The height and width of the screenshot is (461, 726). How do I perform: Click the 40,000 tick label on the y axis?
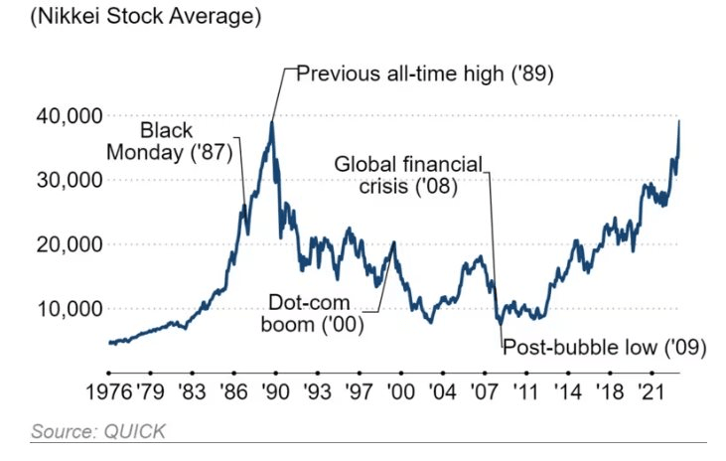69,116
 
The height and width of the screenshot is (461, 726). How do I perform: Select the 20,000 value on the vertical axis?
69,244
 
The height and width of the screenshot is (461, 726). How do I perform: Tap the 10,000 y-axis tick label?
69,309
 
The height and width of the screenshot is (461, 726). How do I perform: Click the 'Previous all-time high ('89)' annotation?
425,75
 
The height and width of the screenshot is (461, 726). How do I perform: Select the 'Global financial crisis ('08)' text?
407,175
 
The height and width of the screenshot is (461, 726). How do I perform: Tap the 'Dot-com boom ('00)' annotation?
315,311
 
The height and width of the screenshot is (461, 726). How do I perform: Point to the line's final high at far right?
679,121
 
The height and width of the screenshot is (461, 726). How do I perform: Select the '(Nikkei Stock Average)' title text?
131,17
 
